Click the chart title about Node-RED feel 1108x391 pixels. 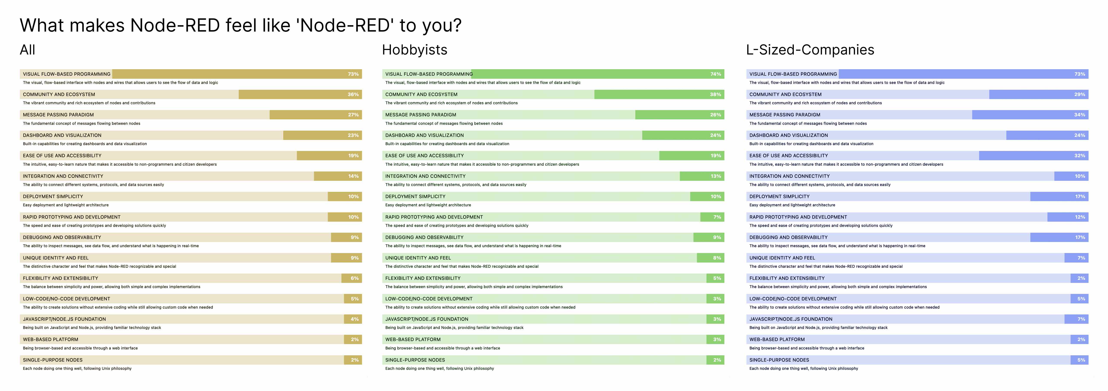point(240,25)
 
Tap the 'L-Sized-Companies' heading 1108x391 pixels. point(810,50)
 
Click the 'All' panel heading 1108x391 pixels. point(27,50)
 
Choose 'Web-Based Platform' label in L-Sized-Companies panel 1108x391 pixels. point(777,339)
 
